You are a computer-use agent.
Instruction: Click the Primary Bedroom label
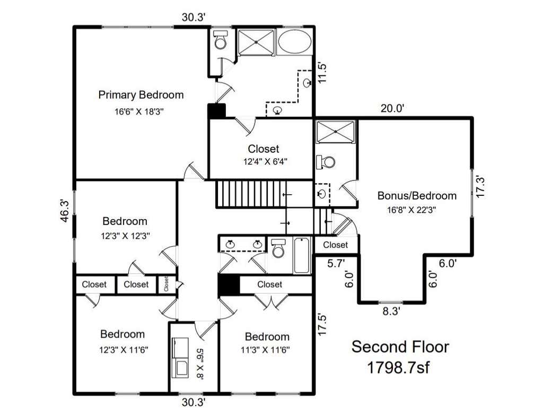[141, 94]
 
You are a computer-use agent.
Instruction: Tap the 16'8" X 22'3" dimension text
[411, 210]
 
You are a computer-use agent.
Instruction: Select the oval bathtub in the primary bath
[294, 41]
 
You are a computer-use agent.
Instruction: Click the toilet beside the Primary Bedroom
[220, 39]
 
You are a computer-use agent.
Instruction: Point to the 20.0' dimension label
[392, 108]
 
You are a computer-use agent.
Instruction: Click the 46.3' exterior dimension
[66, 211]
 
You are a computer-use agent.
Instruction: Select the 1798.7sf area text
[398, 368]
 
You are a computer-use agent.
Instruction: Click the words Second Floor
[400, 346]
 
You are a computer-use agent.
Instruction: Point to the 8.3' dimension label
[391, 311]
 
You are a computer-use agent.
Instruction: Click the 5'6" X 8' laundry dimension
[200, 364]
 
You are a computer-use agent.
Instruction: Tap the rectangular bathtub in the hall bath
[302, 256]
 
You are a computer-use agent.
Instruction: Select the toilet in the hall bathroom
[278, 247]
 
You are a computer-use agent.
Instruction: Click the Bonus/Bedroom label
[417, 196]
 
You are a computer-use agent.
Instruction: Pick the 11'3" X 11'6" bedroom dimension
[265, 350]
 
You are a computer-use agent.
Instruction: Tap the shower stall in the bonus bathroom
[336, 132]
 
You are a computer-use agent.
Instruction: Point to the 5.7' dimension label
[336, 264]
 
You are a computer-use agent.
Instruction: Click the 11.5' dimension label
[322, 73]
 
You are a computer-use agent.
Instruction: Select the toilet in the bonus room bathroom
[326, 162]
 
